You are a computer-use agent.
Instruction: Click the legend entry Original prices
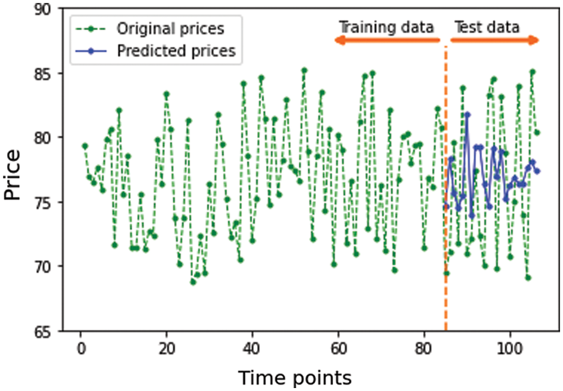[x=171, y=28]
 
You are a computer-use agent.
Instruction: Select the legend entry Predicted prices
[x=175, y=51]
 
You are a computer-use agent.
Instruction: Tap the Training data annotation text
[x=386, y=27]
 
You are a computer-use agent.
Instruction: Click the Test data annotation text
[x=487, y=27]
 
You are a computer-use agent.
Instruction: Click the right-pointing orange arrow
[x=494, y=40]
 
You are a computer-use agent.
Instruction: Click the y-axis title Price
[x=12, y=175]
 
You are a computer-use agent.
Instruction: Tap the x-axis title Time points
[x=295, y=377]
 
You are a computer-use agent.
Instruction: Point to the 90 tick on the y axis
[x=49, y=9]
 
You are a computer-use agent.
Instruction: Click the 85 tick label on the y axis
[x=49, y=73]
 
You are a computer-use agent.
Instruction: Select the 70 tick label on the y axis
[x=49, y=266]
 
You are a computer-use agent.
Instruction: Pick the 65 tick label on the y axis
[x=49, y=330]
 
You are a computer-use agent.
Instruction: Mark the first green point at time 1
[x=85, y=146]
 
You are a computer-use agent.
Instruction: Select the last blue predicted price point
[x=537, y=171]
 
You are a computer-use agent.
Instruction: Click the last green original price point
[x=537, y=133]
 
